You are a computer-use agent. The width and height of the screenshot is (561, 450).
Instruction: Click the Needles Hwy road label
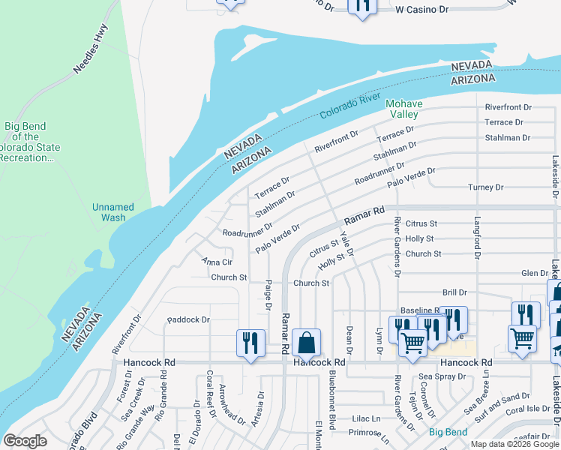click(91, 50)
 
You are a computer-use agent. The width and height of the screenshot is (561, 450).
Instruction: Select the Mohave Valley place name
click(403, 109)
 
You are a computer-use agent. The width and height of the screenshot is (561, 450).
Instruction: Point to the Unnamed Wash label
click(112, 212)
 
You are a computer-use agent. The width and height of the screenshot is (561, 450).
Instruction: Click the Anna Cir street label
click(217, 262)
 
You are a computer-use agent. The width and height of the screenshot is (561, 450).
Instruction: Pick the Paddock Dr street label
click(188, 319)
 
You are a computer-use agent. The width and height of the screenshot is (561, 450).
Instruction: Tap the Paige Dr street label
click(267, 294)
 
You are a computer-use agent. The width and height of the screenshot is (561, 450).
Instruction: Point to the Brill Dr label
click(454, 292)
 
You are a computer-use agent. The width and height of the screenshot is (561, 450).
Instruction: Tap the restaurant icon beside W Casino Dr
click(362, 6)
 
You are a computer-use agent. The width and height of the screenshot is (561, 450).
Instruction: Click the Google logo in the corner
click(25, 441)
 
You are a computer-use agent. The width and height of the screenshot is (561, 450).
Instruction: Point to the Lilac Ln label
click(366, 418)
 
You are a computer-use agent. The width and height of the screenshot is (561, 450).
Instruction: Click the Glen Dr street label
click(534, 274)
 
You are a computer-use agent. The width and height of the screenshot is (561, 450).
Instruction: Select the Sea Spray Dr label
click(437, 376)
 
